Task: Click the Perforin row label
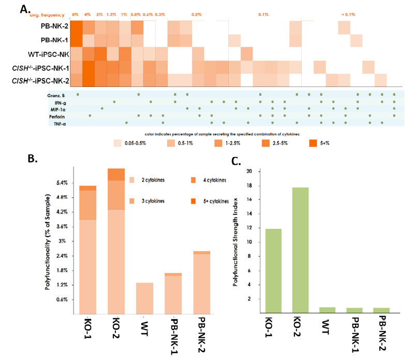click(55, 116)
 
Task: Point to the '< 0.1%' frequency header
click(348, 14)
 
